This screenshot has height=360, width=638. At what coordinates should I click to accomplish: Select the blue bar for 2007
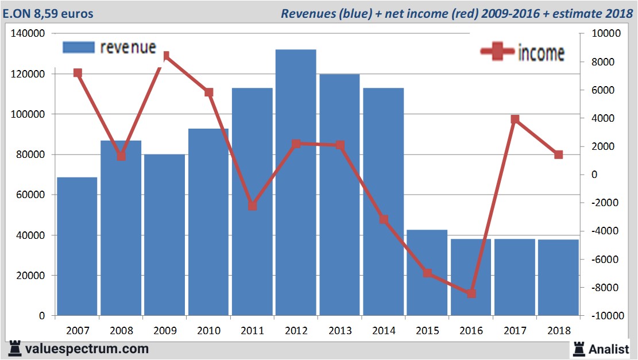(77, 246)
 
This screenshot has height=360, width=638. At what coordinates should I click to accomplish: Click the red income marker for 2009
(165, 56)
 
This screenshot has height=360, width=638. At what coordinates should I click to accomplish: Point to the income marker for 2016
(471, 293)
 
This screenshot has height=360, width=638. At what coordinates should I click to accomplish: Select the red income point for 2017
(515, 119)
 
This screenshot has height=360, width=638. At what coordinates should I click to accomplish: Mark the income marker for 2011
(253, 206)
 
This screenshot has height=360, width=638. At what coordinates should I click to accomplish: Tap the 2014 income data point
(384, 219)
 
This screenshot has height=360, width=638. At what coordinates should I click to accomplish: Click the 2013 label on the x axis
(340, 331)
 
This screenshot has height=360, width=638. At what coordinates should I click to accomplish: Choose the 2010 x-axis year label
(208, 331)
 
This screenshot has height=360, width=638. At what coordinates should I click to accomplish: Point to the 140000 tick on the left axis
(29, 34)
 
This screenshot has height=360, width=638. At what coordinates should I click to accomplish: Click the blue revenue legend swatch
(78, 47)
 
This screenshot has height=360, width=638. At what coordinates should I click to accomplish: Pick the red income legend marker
(497, 52)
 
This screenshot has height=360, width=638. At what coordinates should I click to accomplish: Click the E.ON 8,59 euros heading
(48, 13)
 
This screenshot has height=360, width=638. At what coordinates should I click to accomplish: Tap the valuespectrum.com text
(86, 349)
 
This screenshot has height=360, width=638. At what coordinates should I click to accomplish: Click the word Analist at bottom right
(609, 349)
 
